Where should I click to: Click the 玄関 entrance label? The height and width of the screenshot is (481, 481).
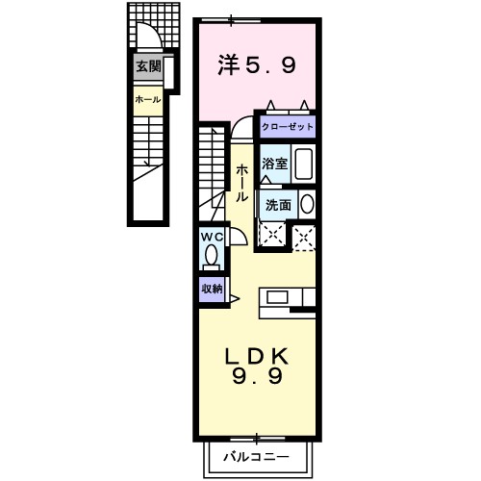(x=147, y=66)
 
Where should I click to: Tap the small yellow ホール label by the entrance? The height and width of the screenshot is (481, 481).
(x=147, y=99)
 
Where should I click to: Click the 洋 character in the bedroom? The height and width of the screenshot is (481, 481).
(x=228, y=65)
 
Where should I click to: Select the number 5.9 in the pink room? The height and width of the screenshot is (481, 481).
(x=275, y=65)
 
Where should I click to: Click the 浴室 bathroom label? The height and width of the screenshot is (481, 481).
(x=275, y=163)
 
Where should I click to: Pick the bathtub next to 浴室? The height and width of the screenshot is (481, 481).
(x=303, y=164)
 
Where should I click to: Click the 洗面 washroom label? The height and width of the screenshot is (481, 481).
(x=278, y=204)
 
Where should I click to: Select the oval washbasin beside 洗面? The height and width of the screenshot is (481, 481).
(x=307, y=204)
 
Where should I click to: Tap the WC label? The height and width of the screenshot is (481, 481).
(x=211, y=237)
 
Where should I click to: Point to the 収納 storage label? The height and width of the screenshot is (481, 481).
(x=212, y=288)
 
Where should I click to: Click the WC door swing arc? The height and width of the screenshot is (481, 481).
(x=237, y=238)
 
